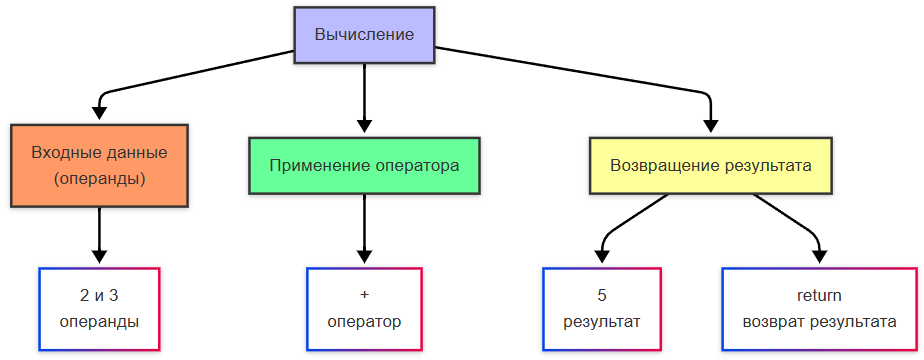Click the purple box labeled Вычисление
pyautogui.click(x=364, y=35)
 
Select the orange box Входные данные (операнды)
pyautogui.click(x=99, y=166)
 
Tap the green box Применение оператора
pyautogui.click(x=364, y=166)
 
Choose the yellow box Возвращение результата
pyautogui.click(x=710, y=166)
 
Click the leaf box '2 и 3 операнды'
pyautogui.click(x=99, y=309)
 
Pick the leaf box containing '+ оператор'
pyautogui.click(x=364, y=309)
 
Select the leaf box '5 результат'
pyautogui.click(x=601, y=309)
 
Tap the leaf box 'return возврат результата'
pyautogui.click(x=819, y=309)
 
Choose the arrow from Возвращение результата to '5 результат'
pyautogui.click(x=625, y=220)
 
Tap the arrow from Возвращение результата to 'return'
pyautogui.click(x=795, y=220)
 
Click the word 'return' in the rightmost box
pyautogui.click(x=819, y=296)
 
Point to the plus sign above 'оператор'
pyautogui.click(x=364, y=296)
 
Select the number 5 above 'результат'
pyautogui.click(x=601, y=296)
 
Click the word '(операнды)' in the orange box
pyautogui.click(x=99, y=180)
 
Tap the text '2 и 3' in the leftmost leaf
pyautogui.click(x=99, y=296)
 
